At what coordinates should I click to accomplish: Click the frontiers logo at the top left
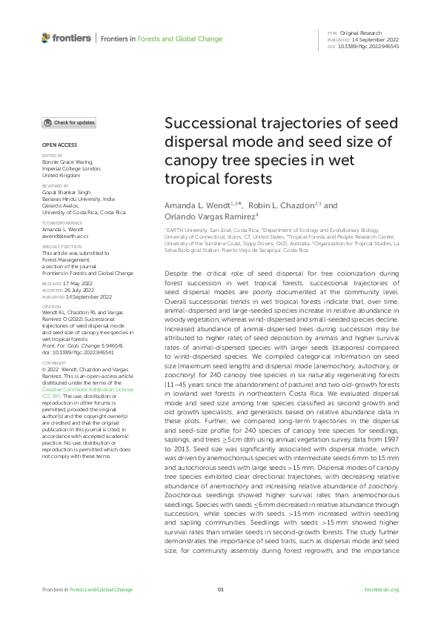tap(66, 38)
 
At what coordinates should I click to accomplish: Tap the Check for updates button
tap(69, 123)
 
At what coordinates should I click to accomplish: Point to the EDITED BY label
tap(52, 156)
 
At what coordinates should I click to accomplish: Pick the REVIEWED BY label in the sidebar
tap(56, 185)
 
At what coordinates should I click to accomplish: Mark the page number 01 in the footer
tap(220, 589)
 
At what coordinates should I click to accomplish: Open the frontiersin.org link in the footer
tap(382, 589)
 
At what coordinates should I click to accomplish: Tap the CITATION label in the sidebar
tap(51, 305)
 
